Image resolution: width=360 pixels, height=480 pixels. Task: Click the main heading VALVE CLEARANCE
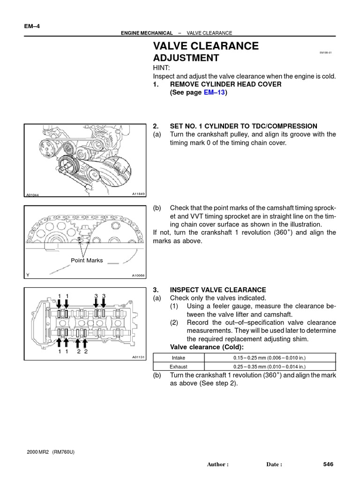(206, 46)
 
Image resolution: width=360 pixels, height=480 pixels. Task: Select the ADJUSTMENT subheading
(186, 58)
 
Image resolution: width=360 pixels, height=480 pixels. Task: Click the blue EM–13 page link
(214, 93)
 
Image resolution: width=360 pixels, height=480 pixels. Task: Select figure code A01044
(33, 195)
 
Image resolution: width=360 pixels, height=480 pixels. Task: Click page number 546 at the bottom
(328, 464)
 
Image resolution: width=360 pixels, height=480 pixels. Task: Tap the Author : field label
(217, 465)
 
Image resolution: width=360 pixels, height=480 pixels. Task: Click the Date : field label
(274, 465)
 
